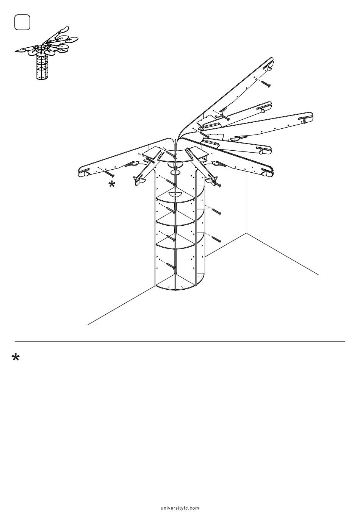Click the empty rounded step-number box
point(22,22)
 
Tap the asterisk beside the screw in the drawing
point(112,184)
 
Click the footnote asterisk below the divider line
point(16,358)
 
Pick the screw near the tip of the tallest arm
point(266,84)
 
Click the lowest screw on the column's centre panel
point(171,265)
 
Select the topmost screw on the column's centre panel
point(171,182)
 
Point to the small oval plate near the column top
point(176,173)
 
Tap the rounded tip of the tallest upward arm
point(272,60)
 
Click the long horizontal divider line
point(180,342)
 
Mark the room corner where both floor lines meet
point(246,233)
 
